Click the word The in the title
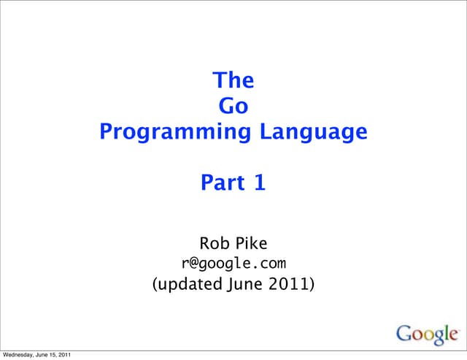233,80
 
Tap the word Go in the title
233,106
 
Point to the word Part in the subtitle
223,184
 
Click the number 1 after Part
259,184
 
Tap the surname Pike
250,242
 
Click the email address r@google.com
233,262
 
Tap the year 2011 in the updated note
287,283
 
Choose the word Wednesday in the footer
20,355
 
